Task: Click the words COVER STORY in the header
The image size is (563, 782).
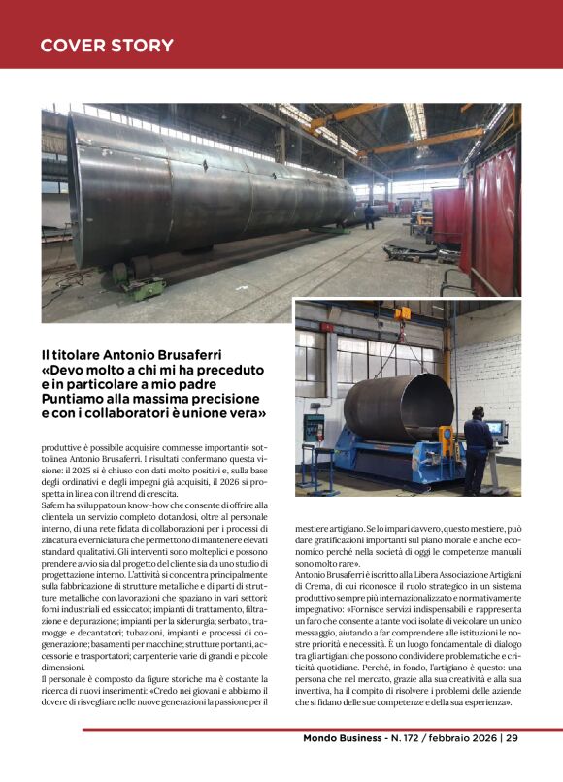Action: (x=107, y=46)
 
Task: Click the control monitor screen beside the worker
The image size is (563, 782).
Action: (x=496, y=428)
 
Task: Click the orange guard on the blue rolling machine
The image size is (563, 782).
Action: (x=446, y=436)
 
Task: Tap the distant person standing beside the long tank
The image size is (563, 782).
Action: (x=369, y=212)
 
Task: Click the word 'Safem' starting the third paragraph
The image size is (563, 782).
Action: (x=54, y=505)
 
